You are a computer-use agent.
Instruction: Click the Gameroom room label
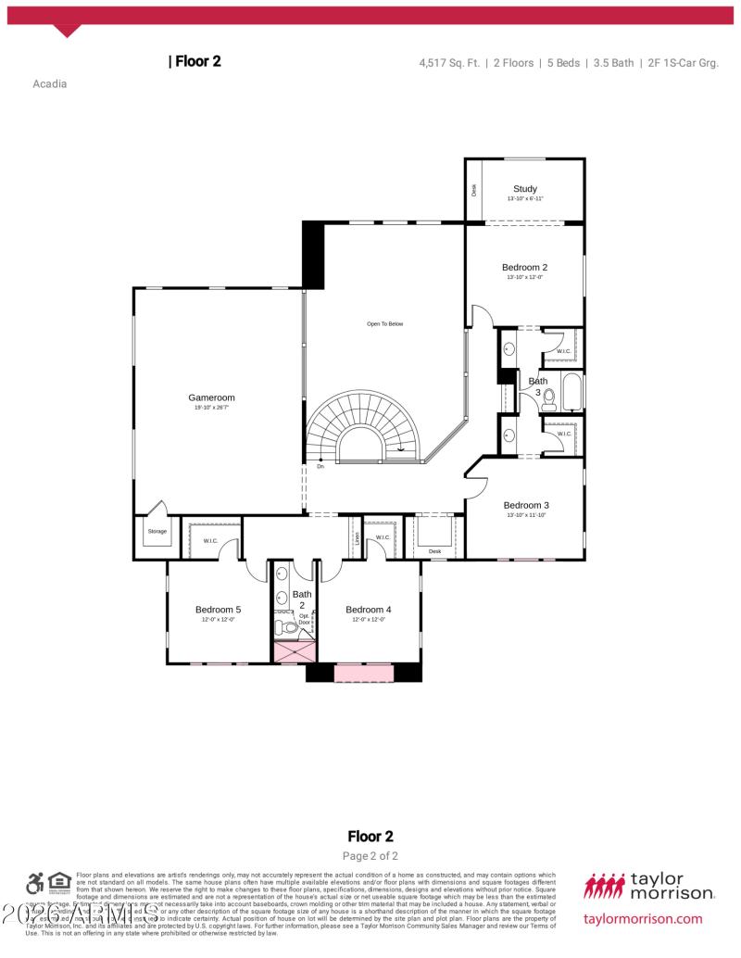211,397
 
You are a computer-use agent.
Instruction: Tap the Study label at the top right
524,189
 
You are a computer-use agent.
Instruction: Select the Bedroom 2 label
524,268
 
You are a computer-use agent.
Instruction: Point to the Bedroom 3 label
526,505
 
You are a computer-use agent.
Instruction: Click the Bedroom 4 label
368,610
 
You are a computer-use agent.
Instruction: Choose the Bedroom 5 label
218,610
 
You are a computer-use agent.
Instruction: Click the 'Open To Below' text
384,324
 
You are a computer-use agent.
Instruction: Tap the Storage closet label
157,531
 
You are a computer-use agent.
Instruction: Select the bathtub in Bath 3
571,392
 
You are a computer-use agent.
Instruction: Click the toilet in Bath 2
289,628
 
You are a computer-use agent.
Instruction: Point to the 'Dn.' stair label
320,466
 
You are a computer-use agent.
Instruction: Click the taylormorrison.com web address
643,919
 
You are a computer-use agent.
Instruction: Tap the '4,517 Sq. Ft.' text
449,63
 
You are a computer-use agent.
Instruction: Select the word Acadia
49,83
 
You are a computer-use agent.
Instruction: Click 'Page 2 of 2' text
370,856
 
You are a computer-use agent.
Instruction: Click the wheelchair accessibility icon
35,883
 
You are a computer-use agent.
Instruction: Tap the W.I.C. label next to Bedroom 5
209,540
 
